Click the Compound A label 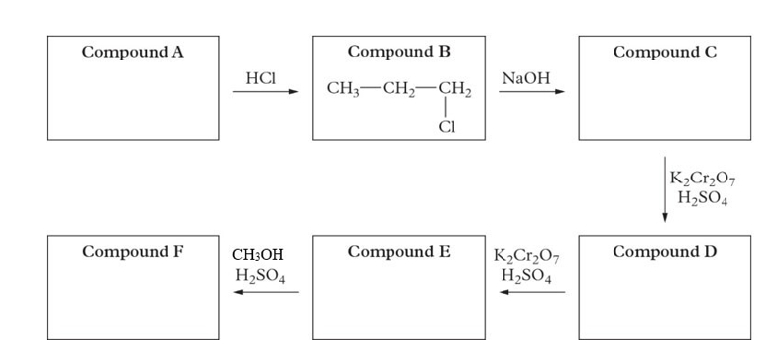point(133,52)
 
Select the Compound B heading point(399,52)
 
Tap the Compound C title point(664,52)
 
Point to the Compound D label point(664,251)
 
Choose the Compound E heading point(399,251)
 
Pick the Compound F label point(133,251)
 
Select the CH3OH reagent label point(258,256)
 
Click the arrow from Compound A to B point(265,93)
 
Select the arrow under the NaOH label point(531,93)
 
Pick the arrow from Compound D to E point(531,292)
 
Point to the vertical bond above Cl point(448,111)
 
